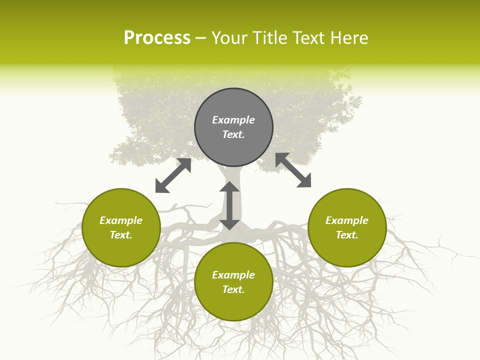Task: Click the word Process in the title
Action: (157, 38)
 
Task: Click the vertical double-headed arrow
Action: (229, 205)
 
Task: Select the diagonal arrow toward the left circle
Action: (173, 175)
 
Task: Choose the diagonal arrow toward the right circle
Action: (293, 170)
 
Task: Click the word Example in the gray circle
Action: (233, 120)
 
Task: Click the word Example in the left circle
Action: (121, 220)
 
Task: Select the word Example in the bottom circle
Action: (233, 275)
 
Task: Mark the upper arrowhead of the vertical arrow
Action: (229, 187)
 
